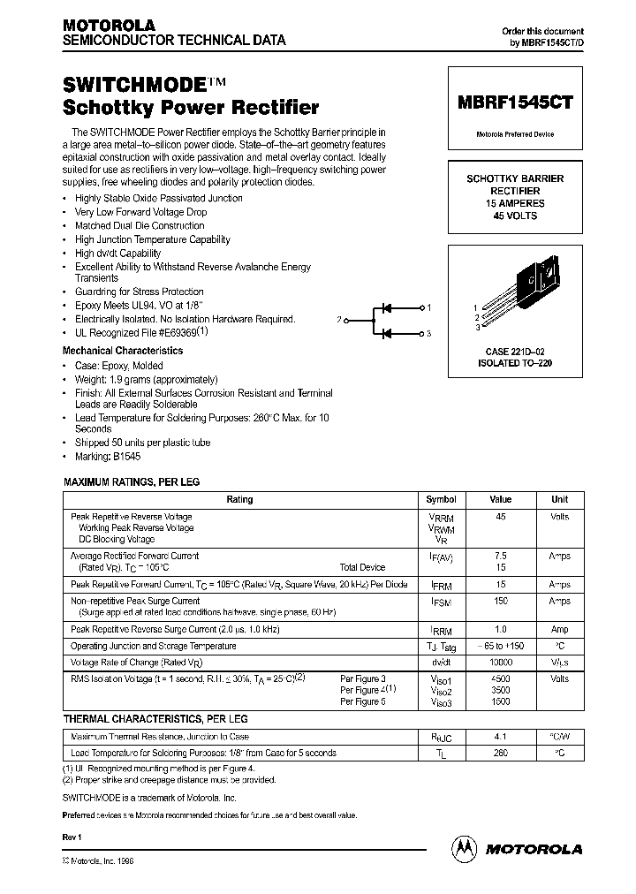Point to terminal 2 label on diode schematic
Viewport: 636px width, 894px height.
[x=338, y=320]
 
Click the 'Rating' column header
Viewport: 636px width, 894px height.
[x=239, y=499]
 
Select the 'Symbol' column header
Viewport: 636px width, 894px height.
[x=441, y=499]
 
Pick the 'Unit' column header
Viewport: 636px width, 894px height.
[x=559, y=499]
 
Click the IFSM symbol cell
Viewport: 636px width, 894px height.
[x=441, y=601]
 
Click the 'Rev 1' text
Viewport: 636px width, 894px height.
[x=72, y=836]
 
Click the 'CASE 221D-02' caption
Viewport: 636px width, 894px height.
[x=516, y=352]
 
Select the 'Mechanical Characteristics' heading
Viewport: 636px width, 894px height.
[x=123, y=351]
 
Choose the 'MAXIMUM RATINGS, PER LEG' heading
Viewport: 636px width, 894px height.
[x=132, y=482]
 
